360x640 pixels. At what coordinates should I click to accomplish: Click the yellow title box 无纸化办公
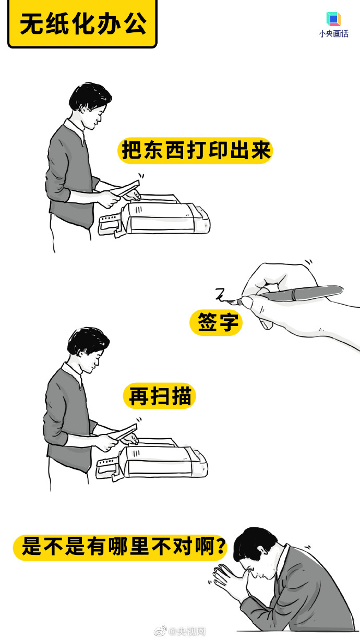point(82,23)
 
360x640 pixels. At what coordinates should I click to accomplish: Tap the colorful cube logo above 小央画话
point(333,19)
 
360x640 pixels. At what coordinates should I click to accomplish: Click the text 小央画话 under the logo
point(334,34)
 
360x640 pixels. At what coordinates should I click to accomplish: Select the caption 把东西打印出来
point(195,151)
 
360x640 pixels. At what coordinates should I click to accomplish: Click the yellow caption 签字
point(216,322)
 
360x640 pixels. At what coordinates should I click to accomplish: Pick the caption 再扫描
point(160,396)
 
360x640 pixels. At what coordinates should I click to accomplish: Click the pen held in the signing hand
point(292,294)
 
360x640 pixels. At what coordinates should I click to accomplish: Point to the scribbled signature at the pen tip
point(223,295)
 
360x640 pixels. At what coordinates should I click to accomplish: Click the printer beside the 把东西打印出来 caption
point(154,215)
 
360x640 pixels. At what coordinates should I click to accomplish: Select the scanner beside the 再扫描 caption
point(152,458)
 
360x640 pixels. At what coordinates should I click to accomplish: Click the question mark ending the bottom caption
point(221,547)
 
